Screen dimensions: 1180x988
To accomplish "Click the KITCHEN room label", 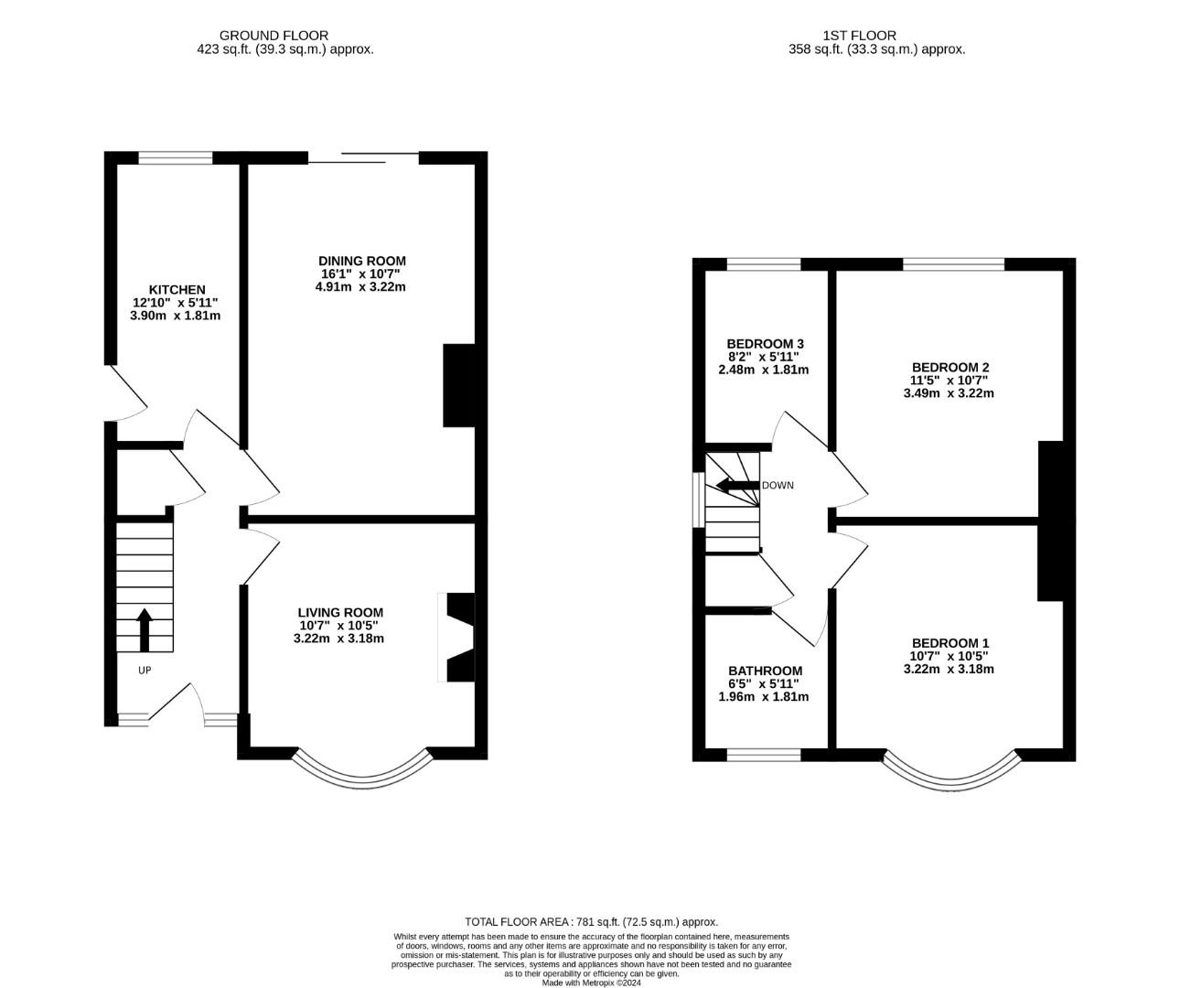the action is point(177,290).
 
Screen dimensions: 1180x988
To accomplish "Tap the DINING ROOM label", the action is point(362,261).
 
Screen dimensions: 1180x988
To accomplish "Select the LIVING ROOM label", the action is point(340,613).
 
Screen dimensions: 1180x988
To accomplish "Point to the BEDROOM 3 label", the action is point(766,344).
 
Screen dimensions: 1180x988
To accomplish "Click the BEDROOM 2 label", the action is point(950,368).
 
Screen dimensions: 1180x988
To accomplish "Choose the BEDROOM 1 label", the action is point(950,643).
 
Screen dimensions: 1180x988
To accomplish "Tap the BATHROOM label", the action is point(766,671).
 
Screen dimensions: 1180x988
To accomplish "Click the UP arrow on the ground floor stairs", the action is point(145,630).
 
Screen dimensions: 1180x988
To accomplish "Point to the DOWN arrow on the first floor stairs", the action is point(737,485).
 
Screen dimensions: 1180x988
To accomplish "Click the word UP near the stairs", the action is point(145,671).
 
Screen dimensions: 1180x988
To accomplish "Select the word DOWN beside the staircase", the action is point(778,486).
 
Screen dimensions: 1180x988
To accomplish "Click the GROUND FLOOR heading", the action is point(274,36).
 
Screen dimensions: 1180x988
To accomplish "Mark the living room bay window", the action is point(362,782).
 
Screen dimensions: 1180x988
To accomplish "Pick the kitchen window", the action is point(176,157).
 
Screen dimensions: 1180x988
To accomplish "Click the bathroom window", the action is point(764,755).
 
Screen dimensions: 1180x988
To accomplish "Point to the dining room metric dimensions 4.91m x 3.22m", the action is point(360,287).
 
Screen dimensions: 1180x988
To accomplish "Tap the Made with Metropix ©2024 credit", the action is point(591,983).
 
